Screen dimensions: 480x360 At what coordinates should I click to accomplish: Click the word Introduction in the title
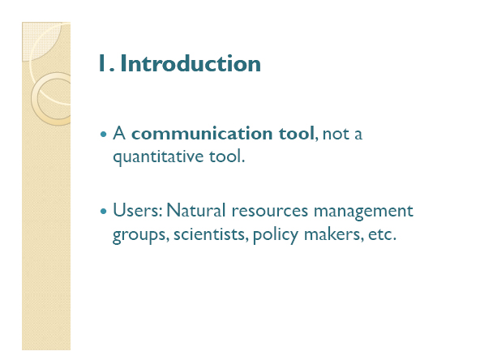[191, 63]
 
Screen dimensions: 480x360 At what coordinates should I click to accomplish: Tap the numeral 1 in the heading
[102, 63]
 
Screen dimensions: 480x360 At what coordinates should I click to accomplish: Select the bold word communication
[202, 134]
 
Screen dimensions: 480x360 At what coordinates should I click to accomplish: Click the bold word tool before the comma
[296, 134]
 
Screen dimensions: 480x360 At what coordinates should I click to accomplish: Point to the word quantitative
[158, 156]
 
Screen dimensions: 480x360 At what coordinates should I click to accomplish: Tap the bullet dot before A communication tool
[104, 134]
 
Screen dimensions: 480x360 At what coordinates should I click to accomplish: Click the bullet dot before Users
[104, 211]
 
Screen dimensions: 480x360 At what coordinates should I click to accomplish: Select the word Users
[138, 210]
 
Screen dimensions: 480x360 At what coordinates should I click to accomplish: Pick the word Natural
[196, 210]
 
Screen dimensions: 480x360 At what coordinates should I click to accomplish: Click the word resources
[270, 211]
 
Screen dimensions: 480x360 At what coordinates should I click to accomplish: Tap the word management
[363, 212]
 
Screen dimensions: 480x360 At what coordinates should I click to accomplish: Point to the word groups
[141, 235]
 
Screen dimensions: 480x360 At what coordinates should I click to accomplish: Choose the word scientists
[211, 234]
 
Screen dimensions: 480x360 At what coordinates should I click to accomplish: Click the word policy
[275, 235]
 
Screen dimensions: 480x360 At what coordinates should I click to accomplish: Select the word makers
[334, 234]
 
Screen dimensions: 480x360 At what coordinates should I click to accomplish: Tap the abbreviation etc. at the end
[382, 234]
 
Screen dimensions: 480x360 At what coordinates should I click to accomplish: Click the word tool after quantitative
[227, 156]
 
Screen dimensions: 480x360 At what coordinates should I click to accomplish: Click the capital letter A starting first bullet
[119, 134]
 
